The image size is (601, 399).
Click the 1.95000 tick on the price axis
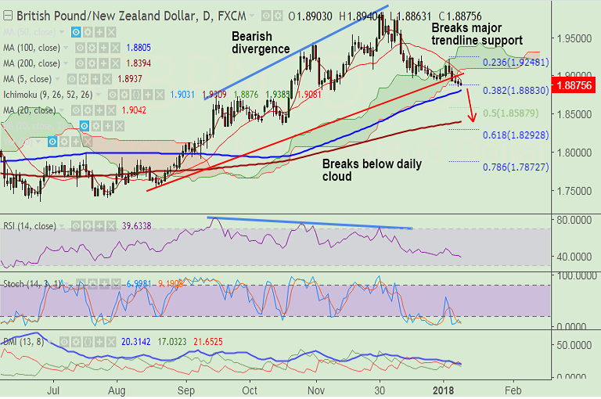tap(575, 38)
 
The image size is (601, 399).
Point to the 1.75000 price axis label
tap(575, 190)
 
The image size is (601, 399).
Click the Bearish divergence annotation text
tap(261, 42)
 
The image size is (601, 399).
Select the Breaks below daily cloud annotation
tap(372, 170)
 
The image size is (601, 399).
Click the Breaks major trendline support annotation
tap(477, 34)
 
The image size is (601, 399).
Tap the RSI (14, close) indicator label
tap(29, 226)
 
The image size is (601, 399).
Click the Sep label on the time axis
tap(186, 389)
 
